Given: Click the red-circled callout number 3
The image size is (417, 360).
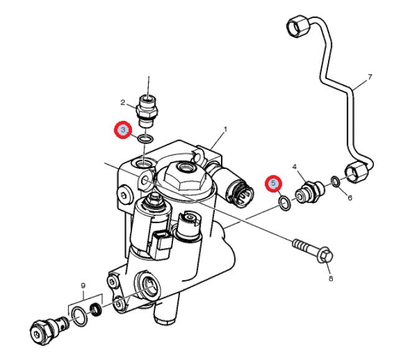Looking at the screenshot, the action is [x=123, y=130].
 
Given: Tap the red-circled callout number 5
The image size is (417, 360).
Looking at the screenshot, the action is [x=273, y=183].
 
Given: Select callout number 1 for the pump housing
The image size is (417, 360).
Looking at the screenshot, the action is [x=225, y=130].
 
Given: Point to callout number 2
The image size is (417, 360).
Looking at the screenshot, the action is [x=123, y=102].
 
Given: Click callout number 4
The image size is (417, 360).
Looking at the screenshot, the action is [x=294, y=167].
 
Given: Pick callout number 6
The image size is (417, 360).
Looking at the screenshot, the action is [x=350, y=197].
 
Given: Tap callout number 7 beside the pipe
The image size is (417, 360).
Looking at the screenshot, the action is [x=370, y=77].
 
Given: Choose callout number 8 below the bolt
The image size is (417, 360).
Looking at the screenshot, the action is [x=330, y=278].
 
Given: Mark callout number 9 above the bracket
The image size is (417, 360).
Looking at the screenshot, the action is [x=83, y=286].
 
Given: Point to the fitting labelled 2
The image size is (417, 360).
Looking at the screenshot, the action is [x=146, y=110].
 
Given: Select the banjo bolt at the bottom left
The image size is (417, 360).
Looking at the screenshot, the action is [x=49, y=329].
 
